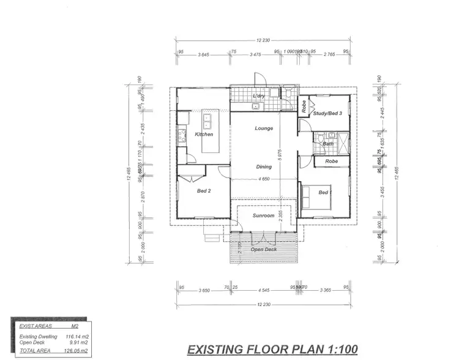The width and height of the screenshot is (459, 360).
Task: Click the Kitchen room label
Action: point(204,133)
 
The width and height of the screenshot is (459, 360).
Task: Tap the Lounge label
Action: point(264,129)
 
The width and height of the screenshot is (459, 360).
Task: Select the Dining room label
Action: point(264,167)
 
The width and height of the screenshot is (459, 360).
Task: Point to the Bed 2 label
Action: point(204,191)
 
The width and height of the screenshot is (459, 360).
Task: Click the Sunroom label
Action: point(263,216)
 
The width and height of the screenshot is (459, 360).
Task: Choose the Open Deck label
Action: point(264,249)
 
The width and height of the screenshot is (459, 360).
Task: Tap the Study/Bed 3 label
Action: point(327,113)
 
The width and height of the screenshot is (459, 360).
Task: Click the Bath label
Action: point(329,144)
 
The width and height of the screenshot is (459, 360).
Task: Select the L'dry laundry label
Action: point(258,97)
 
